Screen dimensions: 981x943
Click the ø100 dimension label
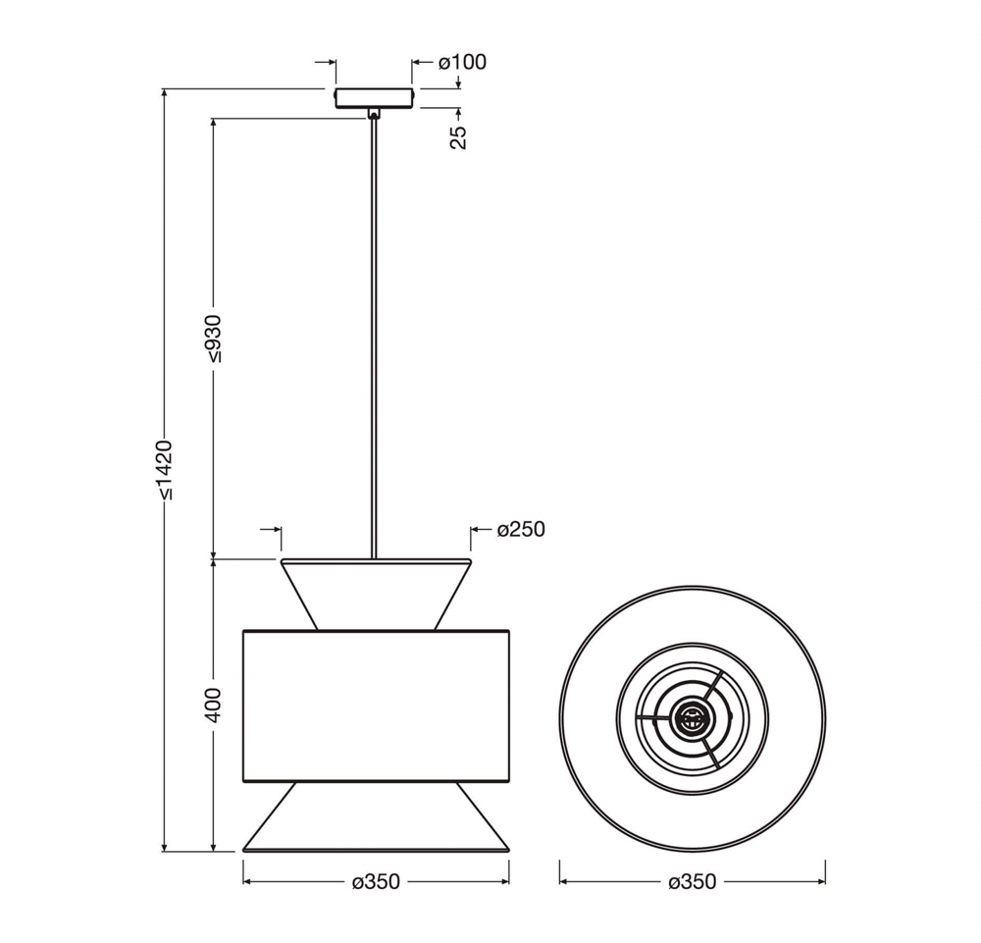(462, 62)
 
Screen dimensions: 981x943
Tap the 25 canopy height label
(458, 137)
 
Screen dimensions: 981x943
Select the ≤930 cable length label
(213, 339)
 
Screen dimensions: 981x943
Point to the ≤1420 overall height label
(164, 469)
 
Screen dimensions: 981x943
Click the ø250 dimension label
(521, 529)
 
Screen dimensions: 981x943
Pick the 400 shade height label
(213, 706)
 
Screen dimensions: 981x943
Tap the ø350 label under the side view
(376, 882)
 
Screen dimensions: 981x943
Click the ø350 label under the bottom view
(692, 882)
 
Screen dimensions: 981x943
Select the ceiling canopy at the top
(374, 98)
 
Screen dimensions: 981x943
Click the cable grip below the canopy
(374, 113)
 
